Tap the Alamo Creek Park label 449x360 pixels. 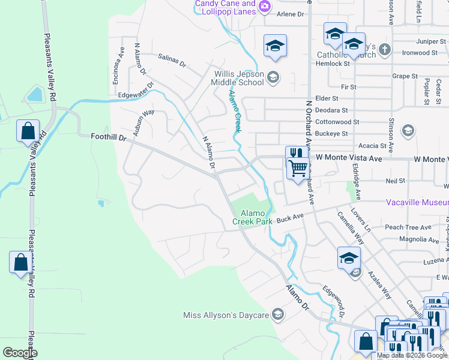point(256,217)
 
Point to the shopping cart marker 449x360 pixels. point(298,169)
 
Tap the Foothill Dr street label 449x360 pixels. point(109,137)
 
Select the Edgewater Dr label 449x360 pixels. point(136,91)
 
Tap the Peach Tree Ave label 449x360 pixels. point(408,227)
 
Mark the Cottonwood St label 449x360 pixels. point(338,121)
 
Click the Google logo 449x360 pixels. point(20,352)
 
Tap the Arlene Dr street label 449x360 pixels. point(290,14)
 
